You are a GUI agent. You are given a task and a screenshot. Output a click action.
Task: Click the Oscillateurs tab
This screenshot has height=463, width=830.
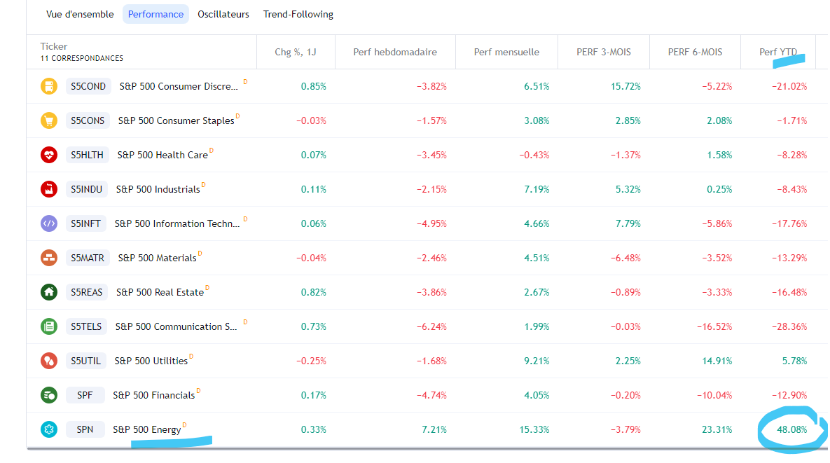point(223,14)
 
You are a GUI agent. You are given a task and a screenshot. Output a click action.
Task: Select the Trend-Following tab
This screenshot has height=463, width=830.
point(298,14)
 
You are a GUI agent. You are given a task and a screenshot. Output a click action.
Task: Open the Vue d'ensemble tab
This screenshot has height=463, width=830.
point(80,14)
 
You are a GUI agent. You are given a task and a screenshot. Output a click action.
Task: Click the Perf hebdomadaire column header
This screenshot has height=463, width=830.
point(395,52)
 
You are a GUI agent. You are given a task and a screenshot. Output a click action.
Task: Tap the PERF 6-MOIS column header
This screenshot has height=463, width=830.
point(695,52)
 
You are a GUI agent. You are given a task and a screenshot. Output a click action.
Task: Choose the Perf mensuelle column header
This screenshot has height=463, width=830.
point(506,52)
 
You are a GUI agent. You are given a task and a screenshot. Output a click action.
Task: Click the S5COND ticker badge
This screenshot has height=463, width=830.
point(88,86)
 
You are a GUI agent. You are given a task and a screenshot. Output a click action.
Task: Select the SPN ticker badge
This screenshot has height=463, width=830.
point(85,429)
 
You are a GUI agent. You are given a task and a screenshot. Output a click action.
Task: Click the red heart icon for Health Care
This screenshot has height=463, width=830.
point(49,155)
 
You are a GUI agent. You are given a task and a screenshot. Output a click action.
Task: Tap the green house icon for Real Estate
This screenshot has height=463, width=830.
point(49,292)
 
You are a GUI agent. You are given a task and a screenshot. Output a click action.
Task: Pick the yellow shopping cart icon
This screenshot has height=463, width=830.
point(49,120)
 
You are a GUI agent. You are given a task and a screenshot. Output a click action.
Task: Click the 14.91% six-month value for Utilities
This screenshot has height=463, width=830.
point(717,361)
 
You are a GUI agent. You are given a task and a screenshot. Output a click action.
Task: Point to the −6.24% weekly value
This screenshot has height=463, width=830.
point(431,326)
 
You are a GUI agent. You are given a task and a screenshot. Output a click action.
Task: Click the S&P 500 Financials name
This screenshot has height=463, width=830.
point(154,395)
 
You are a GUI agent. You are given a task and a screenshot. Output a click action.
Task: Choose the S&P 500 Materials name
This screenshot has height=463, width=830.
point(157,258)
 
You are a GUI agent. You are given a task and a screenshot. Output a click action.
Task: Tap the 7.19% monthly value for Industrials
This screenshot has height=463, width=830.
point(537,189)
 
